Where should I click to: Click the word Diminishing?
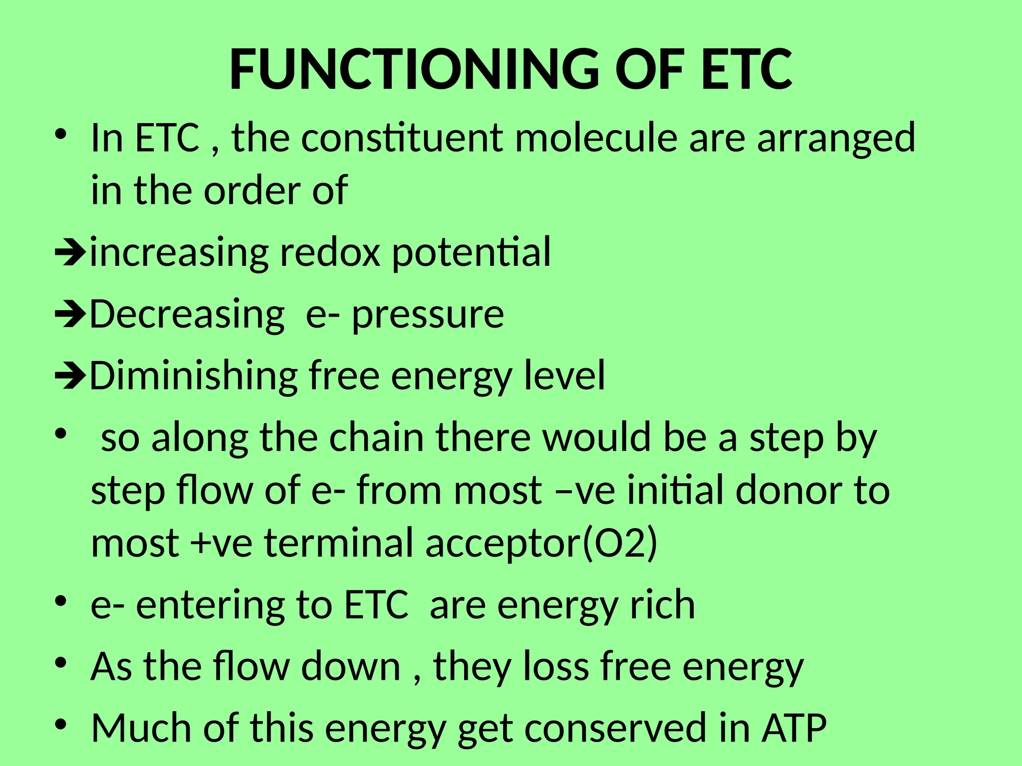point(193,376)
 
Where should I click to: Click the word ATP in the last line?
point(794,728)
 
